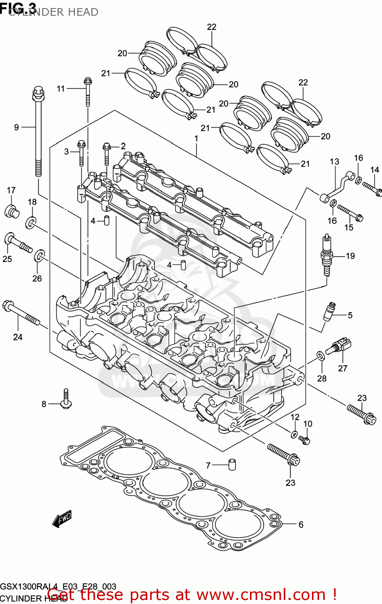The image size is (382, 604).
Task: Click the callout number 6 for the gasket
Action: click(301, 525)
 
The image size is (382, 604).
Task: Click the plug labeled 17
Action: click(12, 211)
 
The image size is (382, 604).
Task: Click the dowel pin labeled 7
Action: click(232, 464)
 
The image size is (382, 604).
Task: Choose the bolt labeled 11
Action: click(88, 91)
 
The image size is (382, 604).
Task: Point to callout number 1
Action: click(196, 139)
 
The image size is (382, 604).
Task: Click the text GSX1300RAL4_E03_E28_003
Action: click(58, 587)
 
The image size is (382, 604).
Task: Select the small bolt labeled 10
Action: click(304, 440)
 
